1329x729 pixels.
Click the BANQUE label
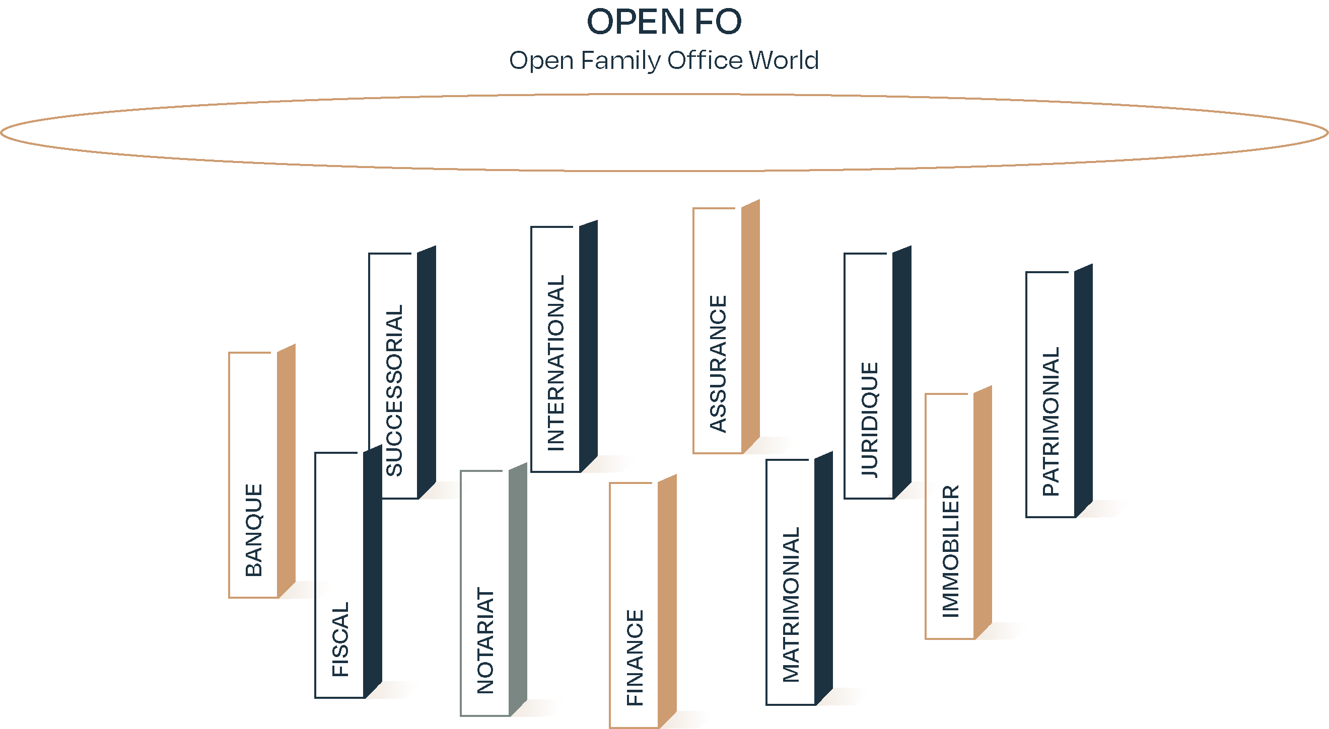(254, 530)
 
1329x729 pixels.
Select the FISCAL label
(340, 639)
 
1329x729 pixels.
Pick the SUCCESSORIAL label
(394, 390)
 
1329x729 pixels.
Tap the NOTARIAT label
(485, 640)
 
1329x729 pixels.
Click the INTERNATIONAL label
(555, 363)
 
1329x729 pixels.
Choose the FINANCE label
(635, 658)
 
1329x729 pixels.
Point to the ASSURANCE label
(718, 363)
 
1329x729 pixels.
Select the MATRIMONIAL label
(791, 604)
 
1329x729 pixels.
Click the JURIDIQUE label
(869, 420)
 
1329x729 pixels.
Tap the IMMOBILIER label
(950, 550)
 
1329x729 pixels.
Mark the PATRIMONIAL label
(1051, 421)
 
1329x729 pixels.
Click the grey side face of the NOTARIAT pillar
(518, 588)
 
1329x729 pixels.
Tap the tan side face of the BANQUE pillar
(287, 469)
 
